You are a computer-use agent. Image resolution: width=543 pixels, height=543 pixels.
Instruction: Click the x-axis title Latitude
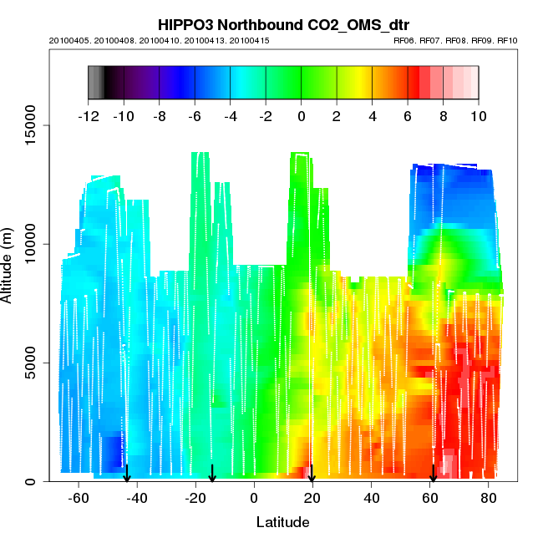[282, 522]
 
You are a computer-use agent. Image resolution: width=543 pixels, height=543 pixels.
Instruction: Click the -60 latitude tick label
[79, 498]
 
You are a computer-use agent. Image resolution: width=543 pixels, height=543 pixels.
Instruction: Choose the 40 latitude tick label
[371, 498]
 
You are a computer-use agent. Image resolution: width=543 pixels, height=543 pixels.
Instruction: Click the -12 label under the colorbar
[88, 116]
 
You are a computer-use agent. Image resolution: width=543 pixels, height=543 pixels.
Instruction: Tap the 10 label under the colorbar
[478, 116]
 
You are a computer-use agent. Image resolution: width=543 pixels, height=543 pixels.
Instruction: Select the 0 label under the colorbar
[302, 116]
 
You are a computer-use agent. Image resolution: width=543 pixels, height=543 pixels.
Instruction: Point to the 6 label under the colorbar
[408, 116]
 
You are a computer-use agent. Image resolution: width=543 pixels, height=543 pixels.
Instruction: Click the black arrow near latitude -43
[127, 474]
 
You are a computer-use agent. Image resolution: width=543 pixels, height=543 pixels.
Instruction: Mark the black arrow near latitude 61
[433, 474]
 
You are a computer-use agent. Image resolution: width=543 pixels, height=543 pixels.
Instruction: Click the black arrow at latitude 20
[312, 474]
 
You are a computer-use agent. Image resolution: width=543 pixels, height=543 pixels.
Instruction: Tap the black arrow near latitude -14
[212, 474]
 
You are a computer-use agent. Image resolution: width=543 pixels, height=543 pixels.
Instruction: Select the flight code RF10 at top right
[507, 40]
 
